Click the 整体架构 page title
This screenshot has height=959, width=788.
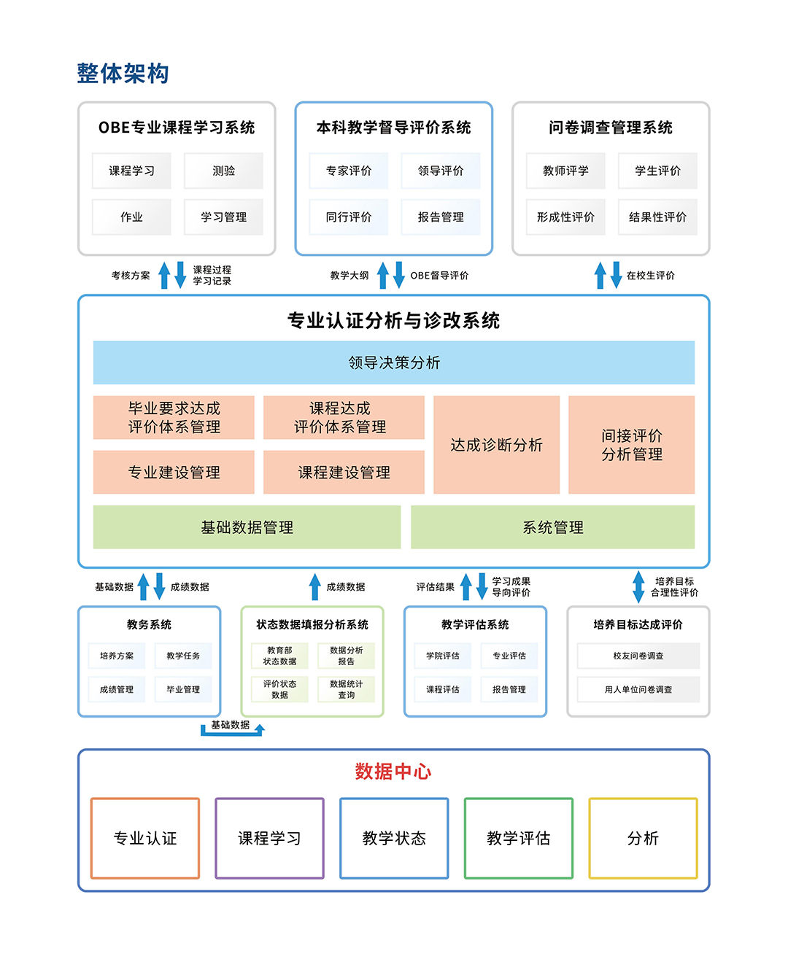pyautogui.click(x=123, y=74)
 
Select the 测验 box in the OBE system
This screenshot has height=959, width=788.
pyautogui.click(x=223, y=171)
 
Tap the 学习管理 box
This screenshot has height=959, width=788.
pyautogui.click(x=223, y=217)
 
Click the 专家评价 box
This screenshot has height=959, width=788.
pyautogui.click(x=349, y=171)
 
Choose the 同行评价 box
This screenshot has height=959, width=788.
pyautogui.click(x=349, y=217)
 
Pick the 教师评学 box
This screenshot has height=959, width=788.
pyautogui.click(x=565, y=171)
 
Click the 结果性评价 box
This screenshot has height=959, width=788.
pyautogui.click(x=657, y=217)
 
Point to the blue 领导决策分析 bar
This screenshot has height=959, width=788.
pyautogui.click(x=394, y=362)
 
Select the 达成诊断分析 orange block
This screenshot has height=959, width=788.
pyautogui.click(x=496, y=445)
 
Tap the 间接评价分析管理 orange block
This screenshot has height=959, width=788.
pyautogui.click(x=632, y=445)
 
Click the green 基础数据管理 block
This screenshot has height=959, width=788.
pyautogui.click(x=247, y=527)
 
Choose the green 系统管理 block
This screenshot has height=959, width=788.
pyautogui.click(x=552, y=527)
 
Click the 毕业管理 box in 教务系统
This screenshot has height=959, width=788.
pyautogui.click(x=183, y=689)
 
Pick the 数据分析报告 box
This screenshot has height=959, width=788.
pyautogui.click(x=346, y=656)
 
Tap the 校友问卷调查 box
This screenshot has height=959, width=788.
pyautogui.click(x=638, y=656)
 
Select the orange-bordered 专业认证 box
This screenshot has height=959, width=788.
pyautogui.click(x=145, y=838)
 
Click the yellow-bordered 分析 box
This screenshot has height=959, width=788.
pyautogui.click(x=643, y=838)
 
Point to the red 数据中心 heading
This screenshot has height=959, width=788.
pyautogui.click(x=393, y=772)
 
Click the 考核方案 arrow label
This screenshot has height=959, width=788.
pyautogui.click(x=131, y=276)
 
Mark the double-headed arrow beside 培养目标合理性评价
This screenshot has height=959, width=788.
pyautogui.click(x=638, y=586)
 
